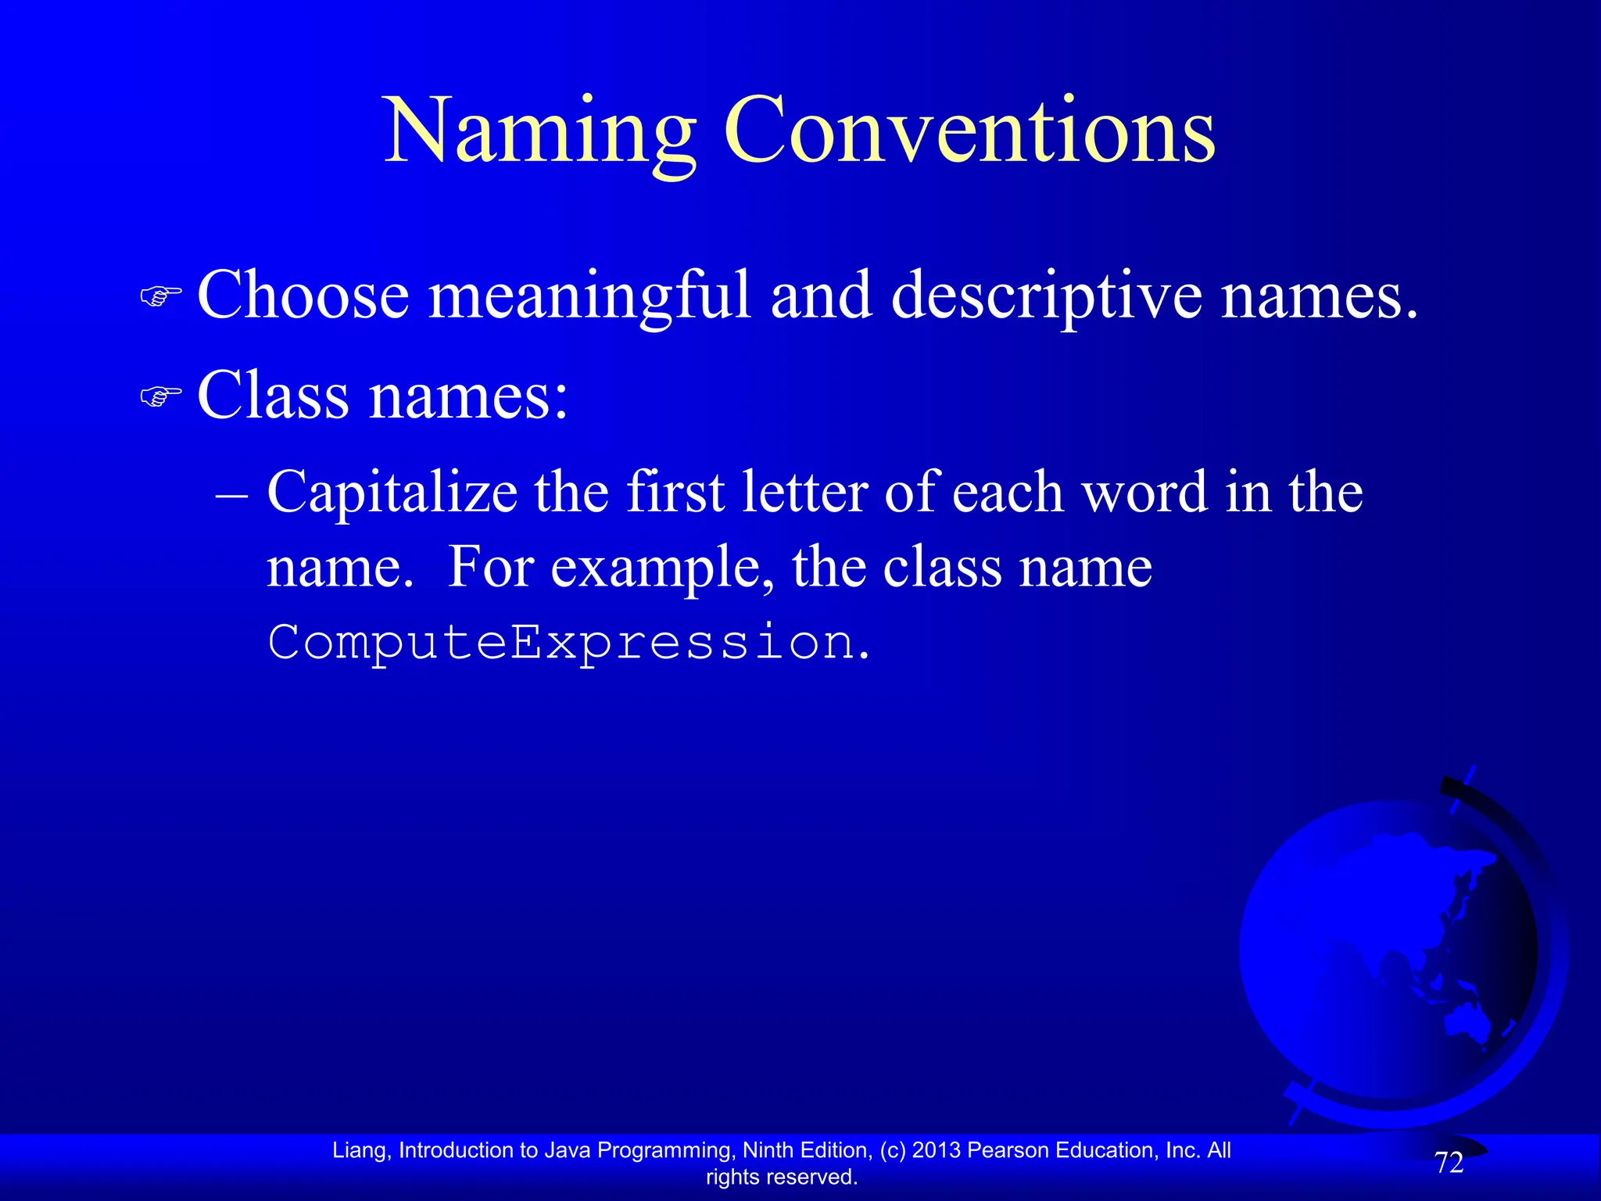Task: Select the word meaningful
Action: pyautogui.click(x=590, y=297)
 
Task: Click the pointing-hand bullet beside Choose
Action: pyautogui.click(x=160, y=296)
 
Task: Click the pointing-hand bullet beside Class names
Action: pyautogui.click(x=160, y=396)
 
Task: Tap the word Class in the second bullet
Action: pyautogui.click(x=273, y=395)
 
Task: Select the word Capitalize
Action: pyautogui.click(x=392, y=493)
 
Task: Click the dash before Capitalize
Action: pyautogui.click(x=231, y=494)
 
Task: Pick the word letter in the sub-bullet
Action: pyautogui.click(x=804, y=493)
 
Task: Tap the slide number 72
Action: pyautogui.click(x=1449, y=1163)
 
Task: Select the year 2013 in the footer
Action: pyautogui.click(x=937, y=1150)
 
